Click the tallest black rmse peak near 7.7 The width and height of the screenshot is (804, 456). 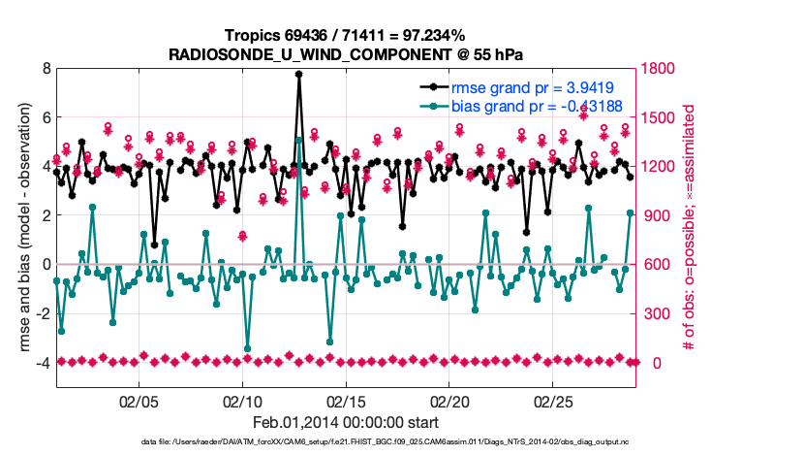[x=299, y=74]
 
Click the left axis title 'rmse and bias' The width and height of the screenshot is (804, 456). [x=21, y=228]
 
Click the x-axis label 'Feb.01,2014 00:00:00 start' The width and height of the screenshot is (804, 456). [x=346, y=423]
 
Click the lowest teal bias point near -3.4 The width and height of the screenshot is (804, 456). [x=248, y=348]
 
